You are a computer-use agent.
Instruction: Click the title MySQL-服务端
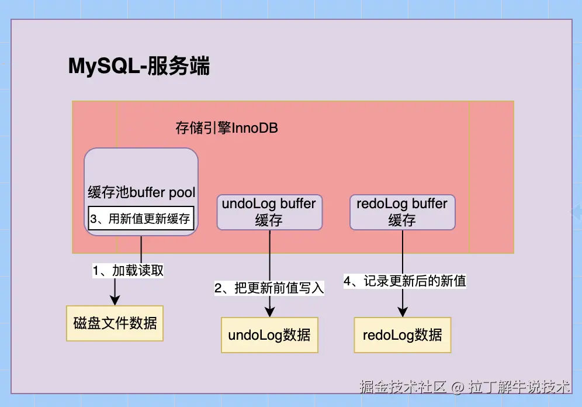click(x=139, y=67)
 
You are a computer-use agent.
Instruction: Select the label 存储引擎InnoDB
click(x=227, y=128)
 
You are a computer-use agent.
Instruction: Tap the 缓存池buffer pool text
click(x=141, y=192)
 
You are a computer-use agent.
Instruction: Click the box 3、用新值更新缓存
click(x=141, y=218)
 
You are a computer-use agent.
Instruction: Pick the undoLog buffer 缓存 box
click(x=269, y=212)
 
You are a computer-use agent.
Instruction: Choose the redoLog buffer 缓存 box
click(x=402, y=212)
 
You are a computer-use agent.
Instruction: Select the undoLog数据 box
click(x=269, y=335)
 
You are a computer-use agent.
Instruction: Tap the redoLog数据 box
click(x=403, y=335)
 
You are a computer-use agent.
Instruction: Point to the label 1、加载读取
click(x=129, y=271)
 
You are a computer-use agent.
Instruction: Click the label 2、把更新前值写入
click(x=269, y=287)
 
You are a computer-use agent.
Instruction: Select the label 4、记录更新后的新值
click(x=404, y=281)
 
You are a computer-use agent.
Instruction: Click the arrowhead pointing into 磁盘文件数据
click(x=115, y=300)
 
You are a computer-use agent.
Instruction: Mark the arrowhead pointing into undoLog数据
click(x=269, y=312)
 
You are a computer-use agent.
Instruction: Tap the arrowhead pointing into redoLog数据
click(x=403, y=312)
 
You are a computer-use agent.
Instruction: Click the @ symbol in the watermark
click(x=458, y=387)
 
